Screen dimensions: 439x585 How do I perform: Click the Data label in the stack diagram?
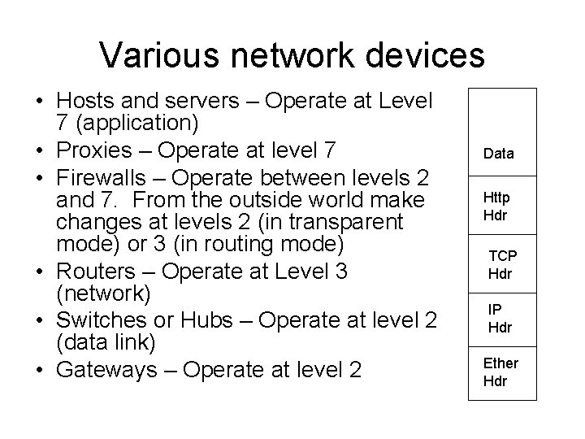point(498,153)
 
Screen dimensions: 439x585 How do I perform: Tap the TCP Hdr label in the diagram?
point(501,264)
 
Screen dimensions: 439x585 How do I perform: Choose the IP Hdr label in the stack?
point(499,319)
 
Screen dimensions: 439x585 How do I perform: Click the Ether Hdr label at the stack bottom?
point(500,372)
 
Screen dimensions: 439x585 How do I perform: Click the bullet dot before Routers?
point(38,270)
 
